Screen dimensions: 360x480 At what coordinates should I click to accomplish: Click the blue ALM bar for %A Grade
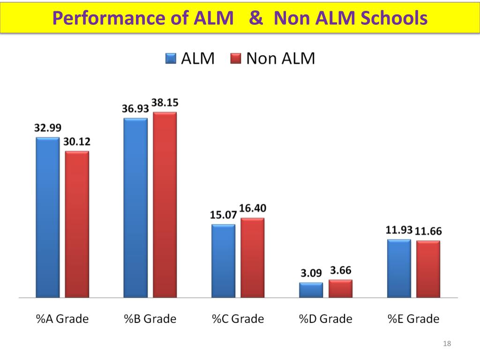tap(48, 217)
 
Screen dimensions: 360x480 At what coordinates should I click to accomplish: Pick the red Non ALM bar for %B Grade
tap(165, 205)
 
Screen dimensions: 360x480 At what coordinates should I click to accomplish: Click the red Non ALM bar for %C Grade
tap(253, 258)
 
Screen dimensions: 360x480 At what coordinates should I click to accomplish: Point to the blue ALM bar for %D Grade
tap(311, 290)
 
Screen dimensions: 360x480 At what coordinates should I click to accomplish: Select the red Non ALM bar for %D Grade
tap(340, 289)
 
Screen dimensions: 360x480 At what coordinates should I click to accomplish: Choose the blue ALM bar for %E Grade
tap(399, 269)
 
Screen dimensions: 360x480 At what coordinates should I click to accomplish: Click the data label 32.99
tap(48, 128)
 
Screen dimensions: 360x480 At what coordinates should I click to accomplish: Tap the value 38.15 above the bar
tap(165, 103)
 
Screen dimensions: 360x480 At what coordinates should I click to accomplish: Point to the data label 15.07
tap(223, 215)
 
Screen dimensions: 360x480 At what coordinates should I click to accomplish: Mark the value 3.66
tap(341, 270)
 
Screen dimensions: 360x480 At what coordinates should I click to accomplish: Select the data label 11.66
tap(428, 232)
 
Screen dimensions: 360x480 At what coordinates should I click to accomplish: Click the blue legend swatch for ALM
tap(170, 59)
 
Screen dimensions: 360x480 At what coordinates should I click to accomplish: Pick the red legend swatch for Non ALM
tap(235, 59)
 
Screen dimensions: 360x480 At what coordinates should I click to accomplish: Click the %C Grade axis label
tap(238, 319)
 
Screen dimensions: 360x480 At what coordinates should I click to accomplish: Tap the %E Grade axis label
tap(413, 319)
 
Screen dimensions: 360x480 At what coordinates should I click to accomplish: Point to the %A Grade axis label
tap(62, 319)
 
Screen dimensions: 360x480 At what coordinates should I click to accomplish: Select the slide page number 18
tap(446, 345)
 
